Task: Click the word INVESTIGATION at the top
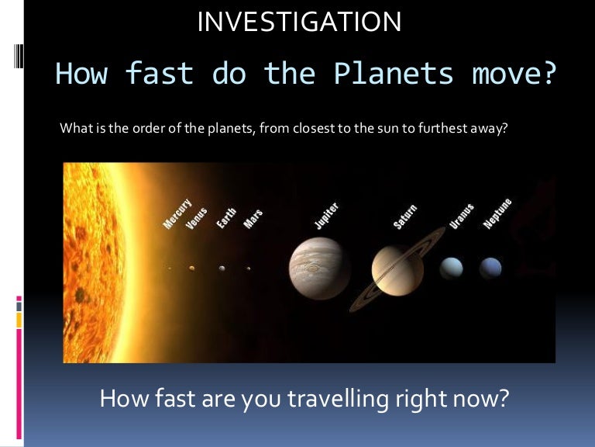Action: pyautogui.click(x=299, y=22)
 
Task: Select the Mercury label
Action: pyautogui.click(x=177, y=212)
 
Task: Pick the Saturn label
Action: pyautogui.click(x=405, y=216)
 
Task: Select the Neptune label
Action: pyautogui.click(x=497, y=213)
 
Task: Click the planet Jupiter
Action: pyautogui.click(x=319, y=269)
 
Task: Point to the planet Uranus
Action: pyautogui.click(x=451, y=269)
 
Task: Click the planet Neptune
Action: pyautogui.click(x=490, y=269)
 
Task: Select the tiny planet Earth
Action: pyautogui.click(x=222, y=269)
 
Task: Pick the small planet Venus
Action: pyautogui.click(x=191, y=269)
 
